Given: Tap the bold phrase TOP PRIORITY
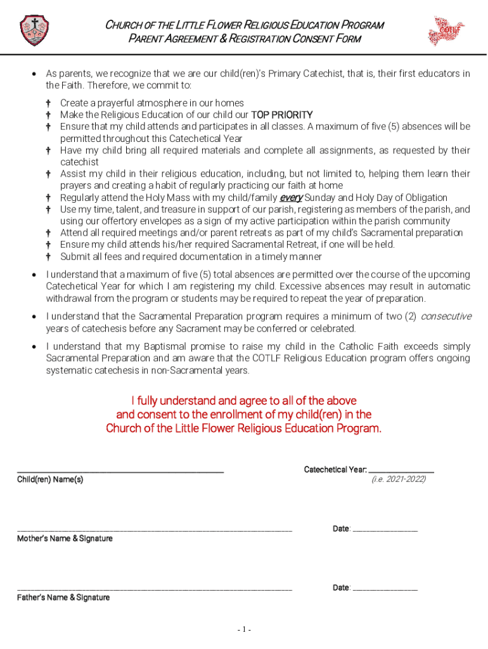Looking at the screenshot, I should click(282, 115).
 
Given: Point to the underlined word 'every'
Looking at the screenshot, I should click(292, 198).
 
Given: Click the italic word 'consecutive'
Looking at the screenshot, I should click(446, 316).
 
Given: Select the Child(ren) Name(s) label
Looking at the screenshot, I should click(50, 480).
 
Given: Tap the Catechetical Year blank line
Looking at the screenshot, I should click(401, 471).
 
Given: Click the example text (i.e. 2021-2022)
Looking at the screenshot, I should click(399, 480).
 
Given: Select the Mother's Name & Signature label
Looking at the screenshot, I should click(65, 539).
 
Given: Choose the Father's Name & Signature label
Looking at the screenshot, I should click(63, 598).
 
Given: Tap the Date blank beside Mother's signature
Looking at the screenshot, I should click(385, 530).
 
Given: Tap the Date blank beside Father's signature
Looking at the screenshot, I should click(385, 589).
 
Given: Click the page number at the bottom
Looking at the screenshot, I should click(244, 630).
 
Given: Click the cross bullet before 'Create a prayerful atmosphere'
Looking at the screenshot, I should click(48, 103).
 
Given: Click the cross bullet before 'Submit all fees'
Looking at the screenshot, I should click(48, 257).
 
